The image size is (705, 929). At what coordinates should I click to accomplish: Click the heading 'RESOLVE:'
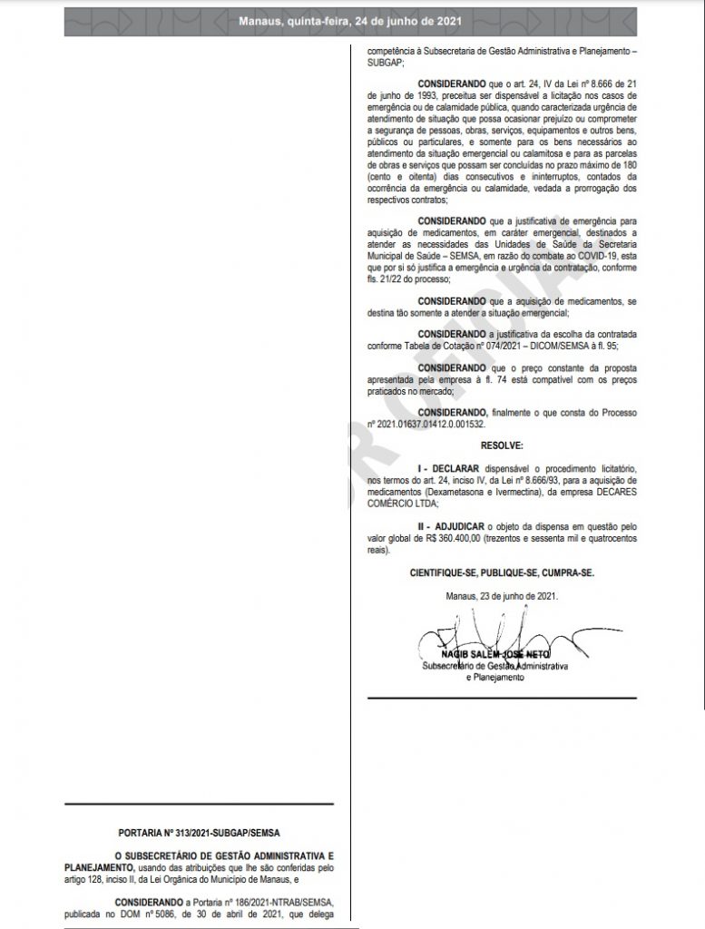point(501,447)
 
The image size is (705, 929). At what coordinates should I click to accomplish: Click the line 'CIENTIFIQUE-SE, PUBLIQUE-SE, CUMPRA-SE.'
point(501,573)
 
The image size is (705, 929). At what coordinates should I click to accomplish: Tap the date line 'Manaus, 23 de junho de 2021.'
point(501,595)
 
